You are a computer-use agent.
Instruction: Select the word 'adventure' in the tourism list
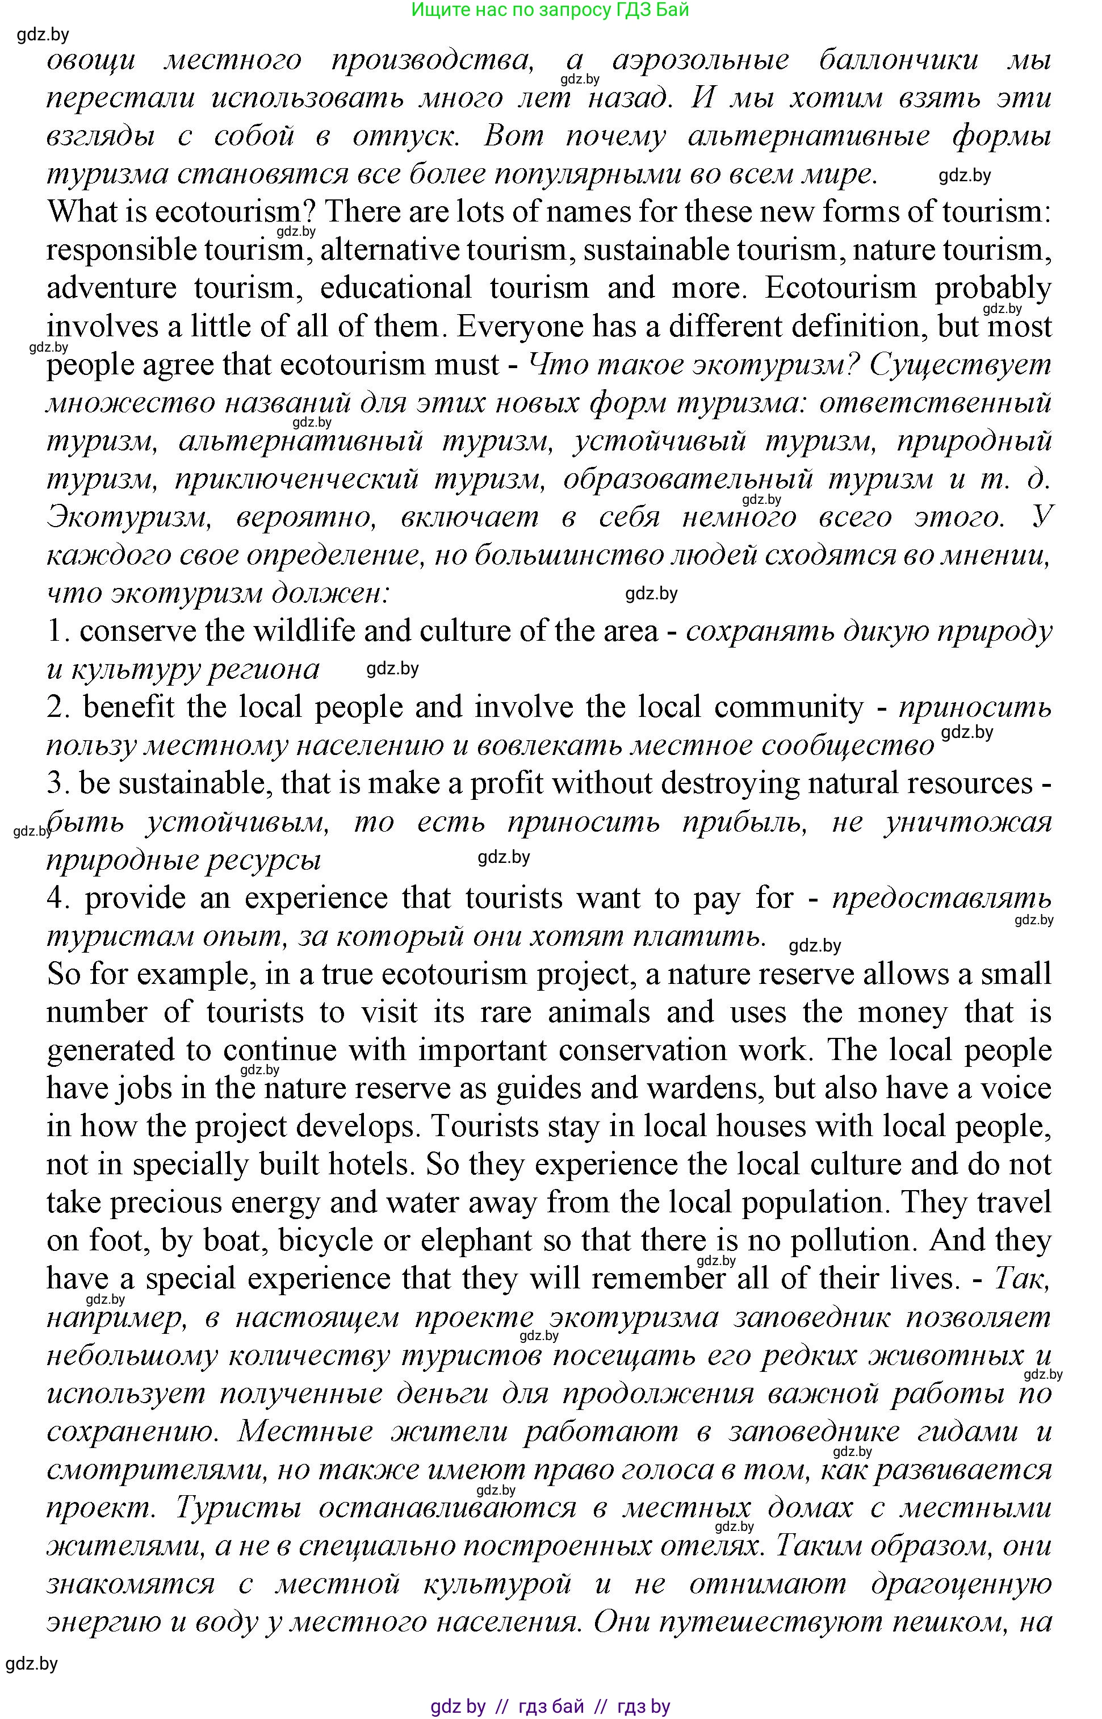(x=112, y=288)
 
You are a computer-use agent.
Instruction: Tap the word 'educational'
(x=396, y=288)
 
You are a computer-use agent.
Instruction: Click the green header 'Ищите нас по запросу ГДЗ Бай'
(x=550, y=10)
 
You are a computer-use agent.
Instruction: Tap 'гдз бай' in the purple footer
(x=551, y=1706)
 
